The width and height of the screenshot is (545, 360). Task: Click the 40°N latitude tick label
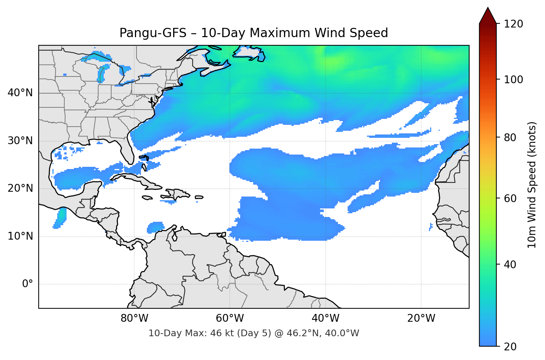coord(20,93)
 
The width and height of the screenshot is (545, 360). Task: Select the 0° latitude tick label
coord(27,284)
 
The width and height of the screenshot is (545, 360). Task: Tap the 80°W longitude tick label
coord(134,318)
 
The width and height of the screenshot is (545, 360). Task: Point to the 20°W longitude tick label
coord(421,318)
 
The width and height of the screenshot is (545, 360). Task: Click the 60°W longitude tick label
coord(230,318)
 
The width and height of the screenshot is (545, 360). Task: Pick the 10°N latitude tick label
coord(20,236)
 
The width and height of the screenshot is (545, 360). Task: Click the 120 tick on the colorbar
coord(513,24)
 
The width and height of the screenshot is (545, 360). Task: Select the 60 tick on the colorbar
coord(510,198)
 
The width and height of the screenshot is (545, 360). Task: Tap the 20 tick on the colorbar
coord(510,346)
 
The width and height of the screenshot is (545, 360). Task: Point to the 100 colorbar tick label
coord(513,80)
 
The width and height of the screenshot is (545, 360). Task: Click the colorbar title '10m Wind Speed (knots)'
coord(532,185)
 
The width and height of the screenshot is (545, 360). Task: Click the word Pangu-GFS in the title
coord(153,33)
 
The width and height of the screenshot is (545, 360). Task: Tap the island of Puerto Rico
coord(199,197)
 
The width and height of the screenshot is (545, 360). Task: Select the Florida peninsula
coord(127,150)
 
